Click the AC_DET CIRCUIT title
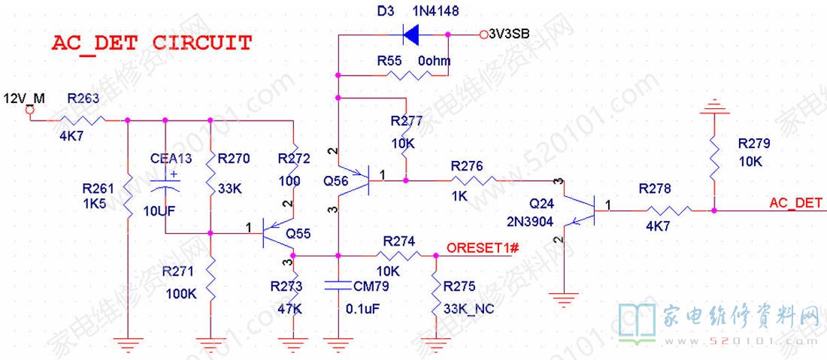[x=151, y=43]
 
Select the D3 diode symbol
[x=412, y=34]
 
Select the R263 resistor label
[x=83, y=98]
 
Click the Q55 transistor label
[x=298, y=233]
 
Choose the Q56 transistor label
[x=336, y=181]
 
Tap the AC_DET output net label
[x=795, y=203]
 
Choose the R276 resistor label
[x=466, y=166]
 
